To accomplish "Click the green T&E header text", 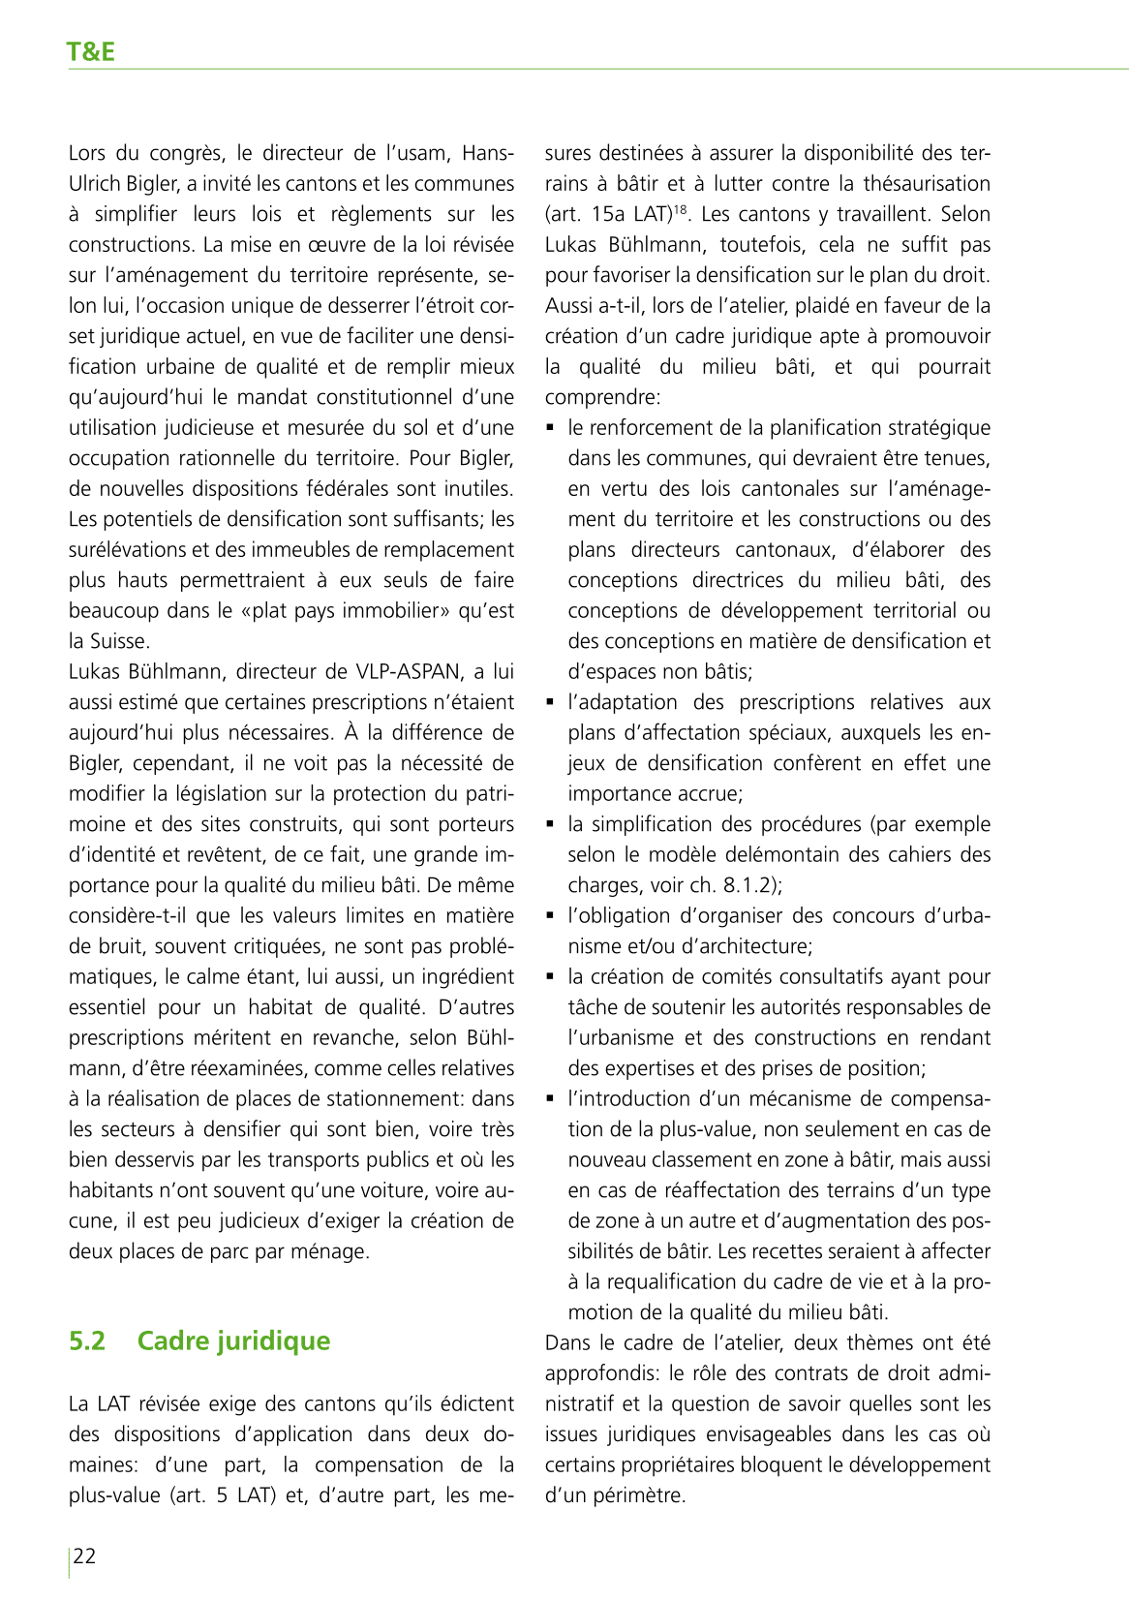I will pyautogui.click(x=91, y=52).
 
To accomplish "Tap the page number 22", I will pyautogui.click(x=85, y=1556).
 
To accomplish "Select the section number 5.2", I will pyautogui.click(x=87, y=1340).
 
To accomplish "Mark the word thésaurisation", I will pyautogui.click(x=927, y=183).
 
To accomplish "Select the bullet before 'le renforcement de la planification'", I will pyautogui.click(x=551, y=427).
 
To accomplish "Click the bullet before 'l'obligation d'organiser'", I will pyautogui.click(x=551, y=915).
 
